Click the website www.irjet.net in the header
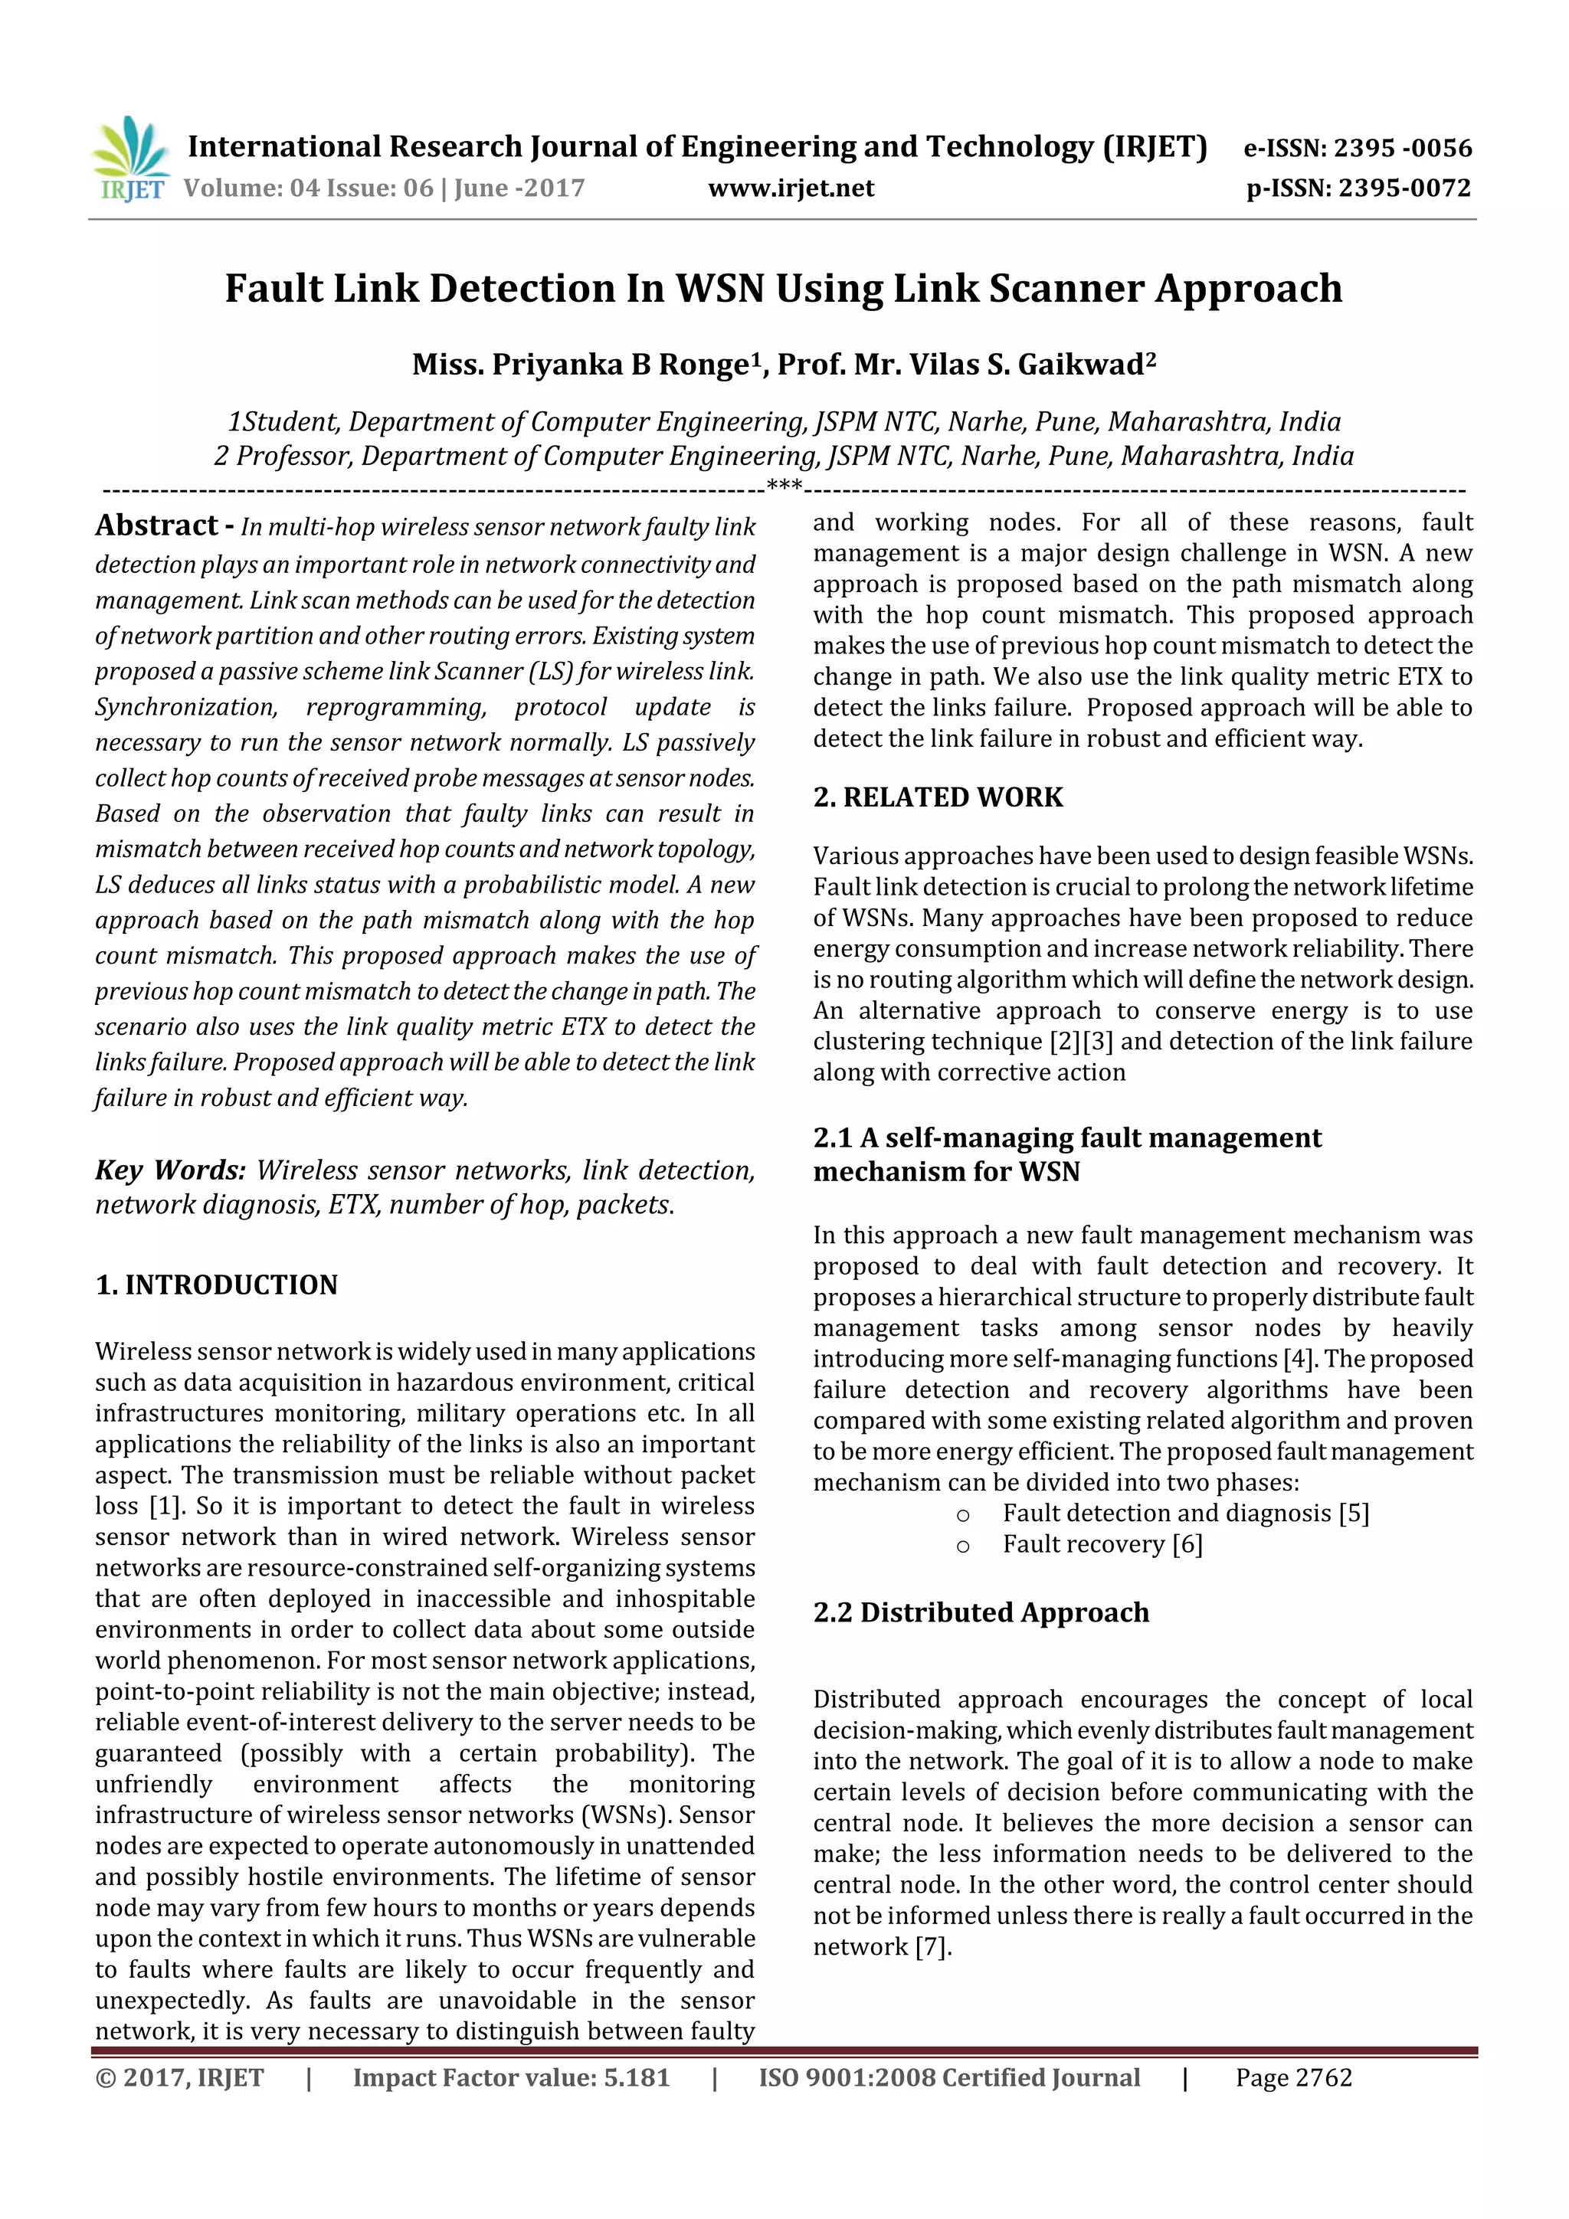790,188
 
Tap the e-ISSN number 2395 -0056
1402,148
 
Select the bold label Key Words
170,1170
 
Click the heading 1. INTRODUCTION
217,1285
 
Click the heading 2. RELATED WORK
937,797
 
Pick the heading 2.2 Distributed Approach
981,1612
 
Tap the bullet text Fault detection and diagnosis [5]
1185,1514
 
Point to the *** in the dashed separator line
783,486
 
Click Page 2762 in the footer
1292,2078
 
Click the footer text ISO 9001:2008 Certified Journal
948,2078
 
